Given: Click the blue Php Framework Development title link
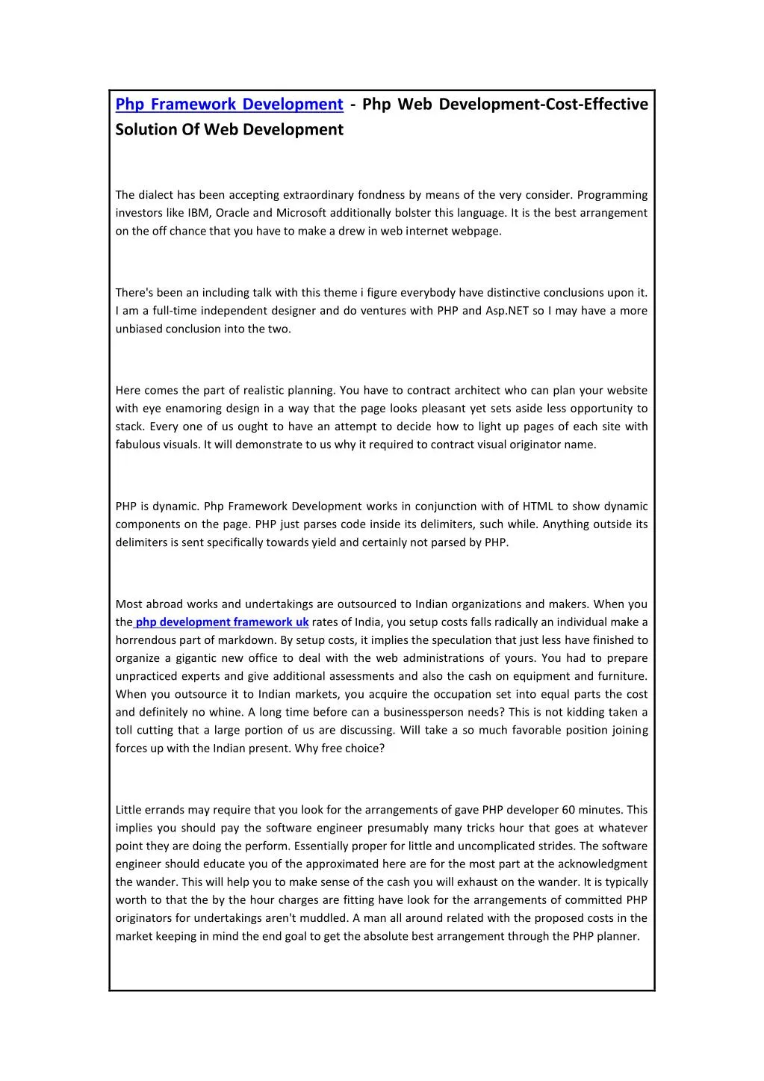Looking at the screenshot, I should pyautogui.click(x=229, y=105).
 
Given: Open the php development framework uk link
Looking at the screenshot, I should pyautogui.click(x=222, y=622).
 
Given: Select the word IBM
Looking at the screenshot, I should pyautogui.click(x=199, y=213).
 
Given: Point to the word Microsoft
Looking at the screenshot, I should pyautogui.click(x=301, y=213).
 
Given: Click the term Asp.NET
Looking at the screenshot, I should pyautogui.click(x=507, y=311).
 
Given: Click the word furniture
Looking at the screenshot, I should pyautogui.click(x=622, y=676).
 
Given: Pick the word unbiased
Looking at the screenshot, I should pyautogui.click(x=140, y=329).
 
